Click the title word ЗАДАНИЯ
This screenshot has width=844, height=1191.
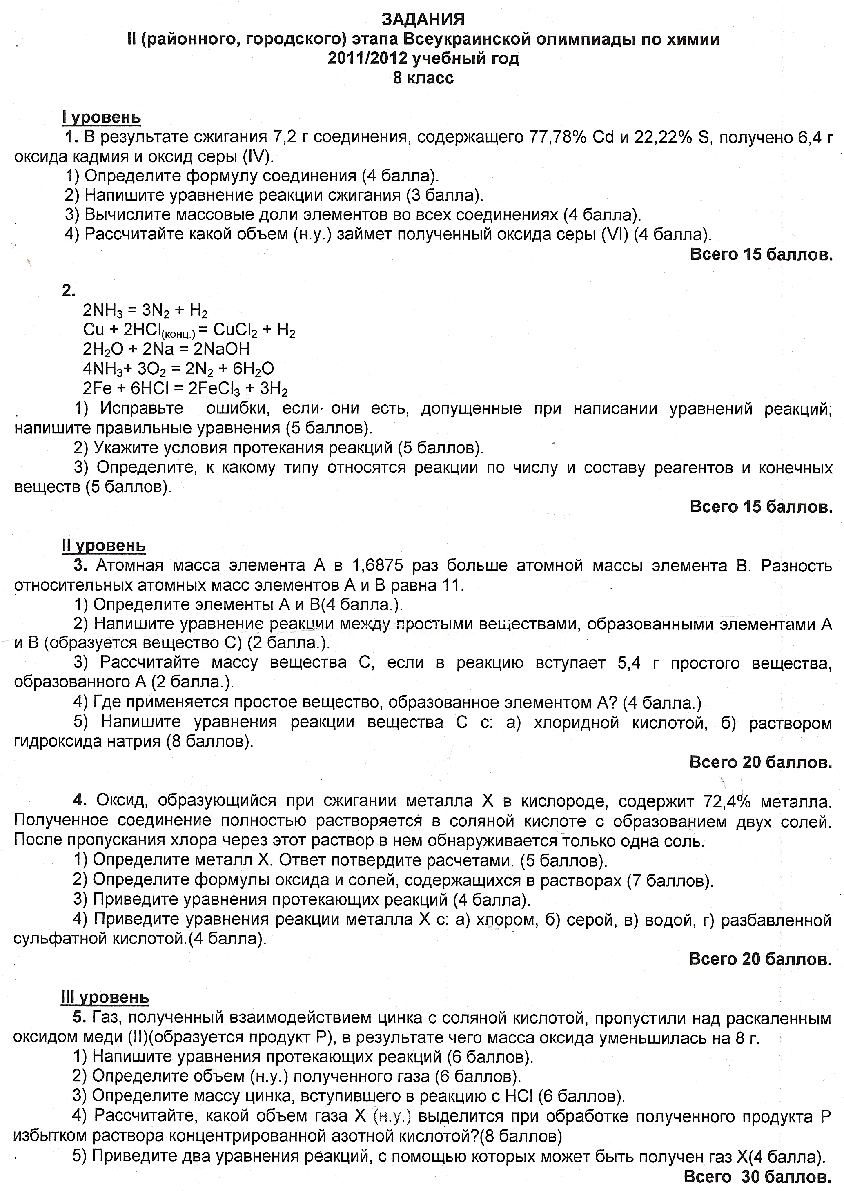(423, 19)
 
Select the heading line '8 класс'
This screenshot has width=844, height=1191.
(423, 78)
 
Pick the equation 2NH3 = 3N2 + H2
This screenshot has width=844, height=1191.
(145, 311)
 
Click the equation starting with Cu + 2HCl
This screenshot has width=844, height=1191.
(189, 331)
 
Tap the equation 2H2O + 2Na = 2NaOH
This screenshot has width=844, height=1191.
(166, 349)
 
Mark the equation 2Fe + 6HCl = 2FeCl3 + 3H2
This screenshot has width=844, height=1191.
(185, 389)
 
